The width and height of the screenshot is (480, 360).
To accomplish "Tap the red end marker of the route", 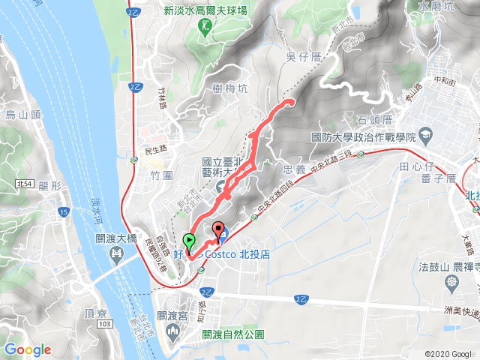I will pyautogui.click(x=219, y=231).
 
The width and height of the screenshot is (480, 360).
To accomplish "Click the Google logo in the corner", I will pyautogui.click(x=28, y=349).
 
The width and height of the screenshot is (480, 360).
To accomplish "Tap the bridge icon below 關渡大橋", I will pyautogui.click(x=115, y=255).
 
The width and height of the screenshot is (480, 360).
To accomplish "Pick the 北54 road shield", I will pyautogui.click(x=22, y=183).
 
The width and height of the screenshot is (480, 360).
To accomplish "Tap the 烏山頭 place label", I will pyautogui.click(x=22, y=115).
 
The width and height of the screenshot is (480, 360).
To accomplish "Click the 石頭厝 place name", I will pyautogui.click(x=375, y=118).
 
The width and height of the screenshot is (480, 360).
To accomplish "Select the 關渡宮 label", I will pyautogui.click(x=172, y=316).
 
